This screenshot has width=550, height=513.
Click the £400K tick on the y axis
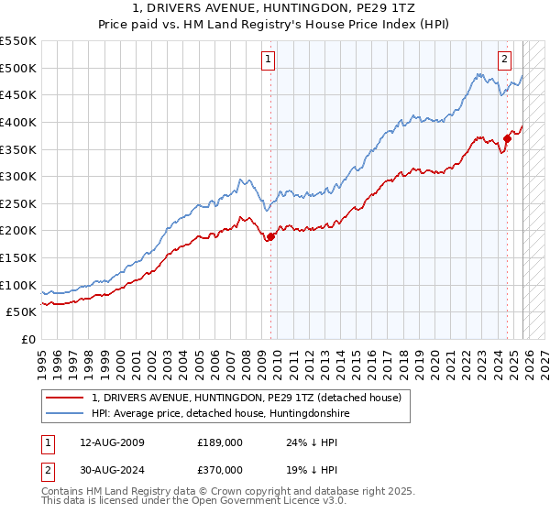(x=19, y=122)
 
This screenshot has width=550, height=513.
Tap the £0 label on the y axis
(x=29, y=340)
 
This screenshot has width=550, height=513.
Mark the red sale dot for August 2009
(x=270, y=236)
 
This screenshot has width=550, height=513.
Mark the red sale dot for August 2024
(x=507, y=138)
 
